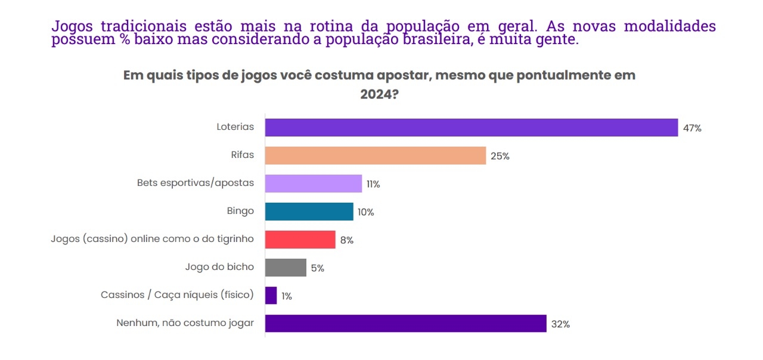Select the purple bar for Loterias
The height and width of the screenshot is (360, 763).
471,128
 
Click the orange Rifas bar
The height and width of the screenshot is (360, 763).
376,156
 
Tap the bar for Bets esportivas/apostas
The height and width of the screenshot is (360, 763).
313,184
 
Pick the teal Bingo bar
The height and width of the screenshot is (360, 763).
309,212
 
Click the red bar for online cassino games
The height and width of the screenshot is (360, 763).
300,240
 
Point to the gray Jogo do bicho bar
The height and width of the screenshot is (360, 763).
286,268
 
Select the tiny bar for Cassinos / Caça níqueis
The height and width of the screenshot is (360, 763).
271,296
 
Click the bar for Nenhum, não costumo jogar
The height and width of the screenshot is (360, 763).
405,324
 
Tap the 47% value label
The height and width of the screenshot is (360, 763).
693,128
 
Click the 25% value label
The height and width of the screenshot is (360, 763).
500,156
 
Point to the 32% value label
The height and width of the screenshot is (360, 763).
561,324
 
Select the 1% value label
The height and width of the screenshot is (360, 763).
286,296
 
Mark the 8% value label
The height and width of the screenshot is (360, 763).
347,240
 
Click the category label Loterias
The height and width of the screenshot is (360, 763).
235,127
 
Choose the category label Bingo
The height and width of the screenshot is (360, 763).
240,211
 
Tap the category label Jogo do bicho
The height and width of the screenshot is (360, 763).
219,267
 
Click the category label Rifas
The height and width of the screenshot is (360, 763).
242,155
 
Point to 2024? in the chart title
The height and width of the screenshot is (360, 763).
379,95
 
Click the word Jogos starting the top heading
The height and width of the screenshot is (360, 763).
73,27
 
